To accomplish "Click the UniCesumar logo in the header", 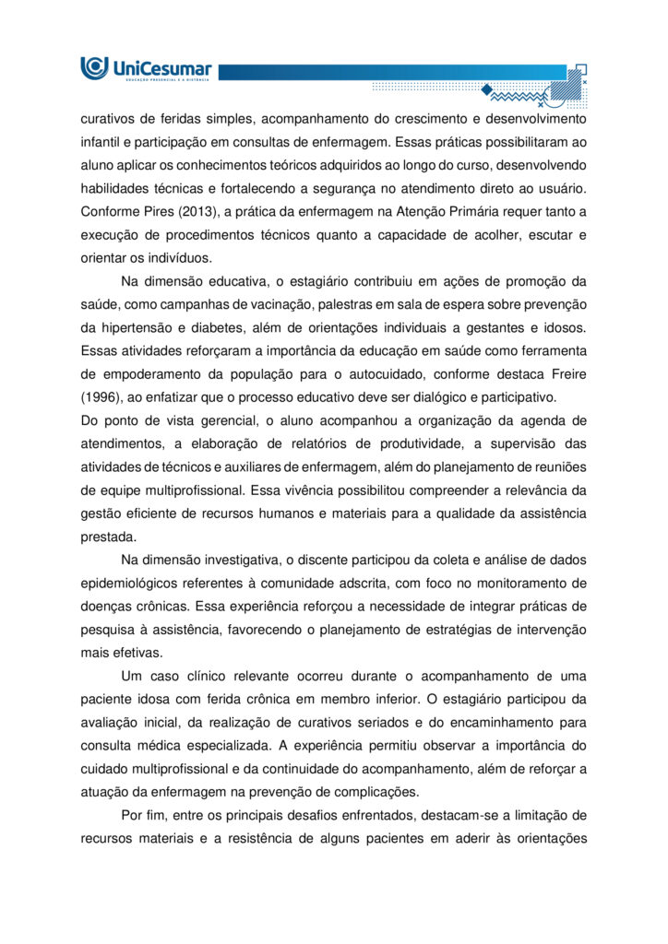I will (x=147, y=68).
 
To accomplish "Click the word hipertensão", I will (x=143, y=327).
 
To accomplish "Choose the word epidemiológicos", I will (x=136, y=583).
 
